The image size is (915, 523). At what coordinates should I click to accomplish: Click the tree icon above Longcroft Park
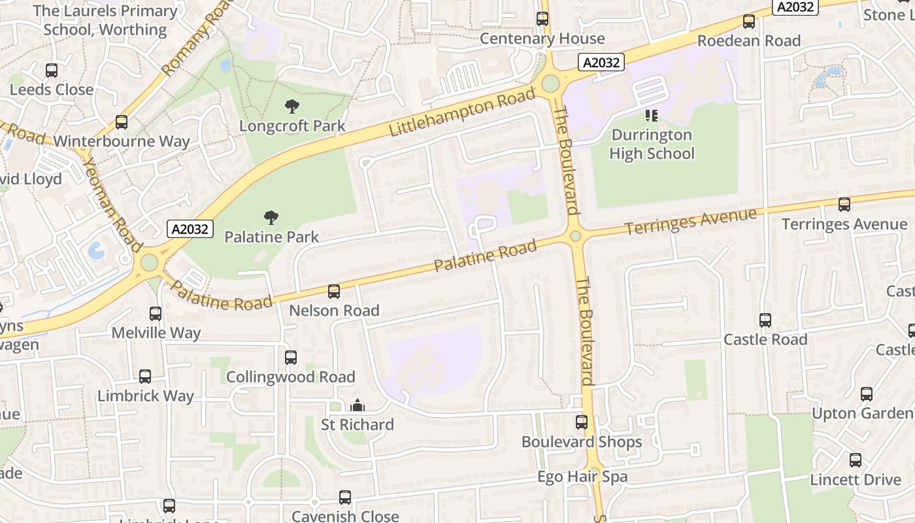click(x=292, y=106)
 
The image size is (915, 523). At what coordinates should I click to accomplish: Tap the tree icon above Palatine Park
click(x=271, y=218)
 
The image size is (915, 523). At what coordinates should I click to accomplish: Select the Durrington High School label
click(x=651, y=144)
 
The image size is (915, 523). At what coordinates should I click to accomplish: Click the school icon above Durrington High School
click(x=651, y=116)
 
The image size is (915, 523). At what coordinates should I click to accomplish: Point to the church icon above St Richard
click(x=357, y=406)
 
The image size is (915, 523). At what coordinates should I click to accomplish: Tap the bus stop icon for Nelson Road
click(x=334, y=292)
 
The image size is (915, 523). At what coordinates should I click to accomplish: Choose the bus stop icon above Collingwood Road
click(x=291, y=358)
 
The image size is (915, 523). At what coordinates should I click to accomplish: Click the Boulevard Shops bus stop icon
click(x=582, y=422)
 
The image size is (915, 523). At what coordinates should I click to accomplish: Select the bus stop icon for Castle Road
click(x=765, y=320)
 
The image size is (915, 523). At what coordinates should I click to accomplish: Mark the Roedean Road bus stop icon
click(x=749, y=22)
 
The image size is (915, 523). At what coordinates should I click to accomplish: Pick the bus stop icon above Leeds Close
click(x=52, y=71)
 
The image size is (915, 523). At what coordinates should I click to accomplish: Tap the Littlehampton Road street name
click(x=462, y=113)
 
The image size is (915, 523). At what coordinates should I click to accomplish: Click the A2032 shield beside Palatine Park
click(x=191, y=229)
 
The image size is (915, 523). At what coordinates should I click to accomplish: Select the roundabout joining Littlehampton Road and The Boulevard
click(x=550, y=84)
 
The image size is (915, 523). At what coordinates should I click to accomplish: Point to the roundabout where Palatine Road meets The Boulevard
click(x=575, y=236)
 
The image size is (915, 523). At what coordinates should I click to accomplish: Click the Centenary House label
click(x=542, y=39)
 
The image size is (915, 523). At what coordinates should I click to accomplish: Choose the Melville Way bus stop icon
click(x=156, y=314)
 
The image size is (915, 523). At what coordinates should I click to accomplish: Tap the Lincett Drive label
click(x=856, y=480)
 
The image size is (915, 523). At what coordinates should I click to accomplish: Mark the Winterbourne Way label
click(x=122, y=141)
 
